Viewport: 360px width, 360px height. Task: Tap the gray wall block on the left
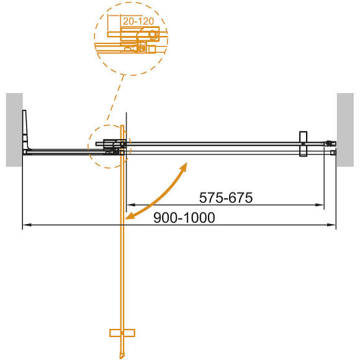pos(14,129)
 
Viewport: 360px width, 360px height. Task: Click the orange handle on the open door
pos(122,332)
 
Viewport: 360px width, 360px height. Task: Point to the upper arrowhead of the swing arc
pos(185,166)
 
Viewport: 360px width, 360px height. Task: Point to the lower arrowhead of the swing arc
pos(128,217)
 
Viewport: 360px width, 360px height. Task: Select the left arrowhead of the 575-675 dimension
pos(130,204)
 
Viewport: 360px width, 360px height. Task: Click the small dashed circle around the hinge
pos(107,146)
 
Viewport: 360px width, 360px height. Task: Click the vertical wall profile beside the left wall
pos(25,130)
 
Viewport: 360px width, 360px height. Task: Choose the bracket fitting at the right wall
pos(330,146)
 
